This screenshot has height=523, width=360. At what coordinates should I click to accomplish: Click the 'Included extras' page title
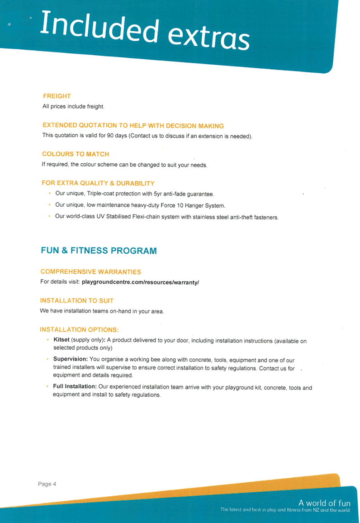click(145, 30)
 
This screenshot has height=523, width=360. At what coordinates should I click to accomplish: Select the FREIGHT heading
click(57, 96)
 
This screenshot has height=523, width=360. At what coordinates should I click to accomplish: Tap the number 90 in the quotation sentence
click(110, 135)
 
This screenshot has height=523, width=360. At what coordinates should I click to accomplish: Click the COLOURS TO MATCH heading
click(76, 154)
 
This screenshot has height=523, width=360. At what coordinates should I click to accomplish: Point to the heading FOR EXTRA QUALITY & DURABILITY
click(98, 183)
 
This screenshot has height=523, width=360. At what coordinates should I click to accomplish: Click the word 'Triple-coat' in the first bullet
click(100, 194)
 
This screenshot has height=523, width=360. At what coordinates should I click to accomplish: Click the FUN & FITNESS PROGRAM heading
click(99, 251)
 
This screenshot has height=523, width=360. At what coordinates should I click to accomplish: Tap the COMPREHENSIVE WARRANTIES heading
click(90, 272)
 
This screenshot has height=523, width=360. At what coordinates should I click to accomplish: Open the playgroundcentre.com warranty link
click(140, 282)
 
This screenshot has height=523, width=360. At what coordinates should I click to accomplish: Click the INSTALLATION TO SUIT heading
click(77, 300)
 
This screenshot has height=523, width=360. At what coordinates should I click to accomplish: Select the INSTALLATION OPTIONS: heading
click(79, 329)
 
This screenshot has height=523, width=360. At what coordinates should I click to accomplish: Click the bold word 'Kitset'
click(62, 340)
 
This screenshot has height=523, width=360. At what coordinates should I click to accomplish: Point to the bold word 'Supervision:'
click(71, 359)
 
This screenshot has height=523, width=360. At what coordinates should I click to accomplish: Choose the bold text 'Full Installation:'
click(75, 386)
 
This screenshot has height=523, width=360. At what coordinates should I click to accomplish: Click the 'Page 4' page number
click(47, 484)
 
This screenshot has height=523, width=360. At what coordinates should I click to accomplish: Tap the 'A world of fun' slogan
click(324, 503)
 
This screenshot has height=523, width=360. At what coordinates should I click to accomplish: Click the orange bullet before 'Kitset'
click(47, 340)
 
